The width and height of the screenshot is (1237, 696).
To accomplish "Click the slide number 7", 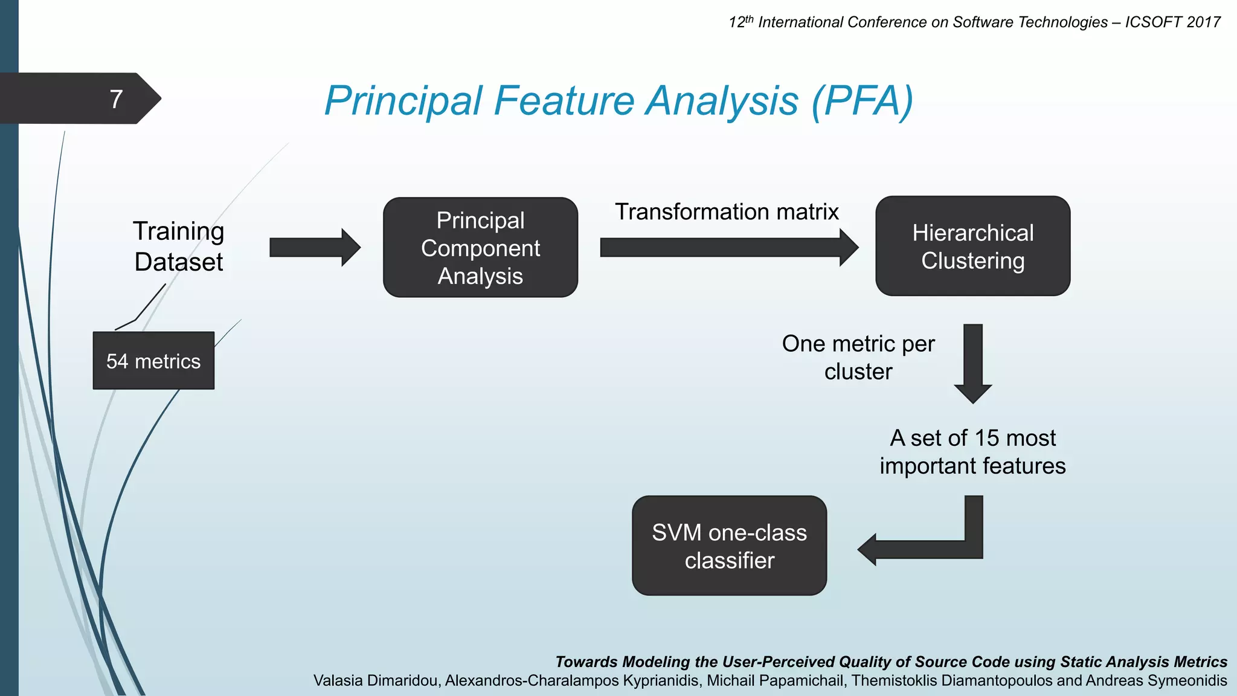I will click(117, 99).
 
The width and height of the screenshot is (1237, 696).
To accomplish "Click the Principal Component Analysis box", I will click(480, 248).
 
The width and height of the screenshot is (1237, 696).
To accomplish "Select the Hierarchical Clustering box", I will click(972, 246).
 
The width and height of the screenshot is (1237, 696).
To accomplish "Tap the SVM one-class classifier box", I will click(729, 546).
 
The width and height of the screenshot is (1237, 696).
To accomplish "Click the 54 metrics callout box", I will click(153, 361).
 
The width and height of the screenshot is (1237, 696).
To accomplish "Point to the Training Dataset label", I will click(179, 246).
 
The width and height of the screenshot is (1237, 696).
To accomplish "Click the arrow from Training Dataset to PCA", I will click(314, 248).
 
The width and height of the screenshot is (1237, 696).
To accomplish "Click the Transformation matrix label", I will click(727, 212).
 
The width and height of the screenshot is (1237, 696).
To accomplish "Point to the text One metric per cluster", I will click(858, 358).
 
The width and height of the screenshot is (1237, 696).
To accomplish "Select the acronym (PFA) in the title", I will click(863, 100).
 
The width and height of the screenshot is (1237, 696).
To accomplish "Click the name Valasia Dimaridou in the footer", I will click(376, 681).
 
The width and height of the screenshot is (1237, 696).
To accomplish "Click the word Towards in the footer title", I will click(586, 662).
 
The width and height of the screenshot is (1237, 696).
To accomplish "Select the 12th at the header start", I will click(741, 22).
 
